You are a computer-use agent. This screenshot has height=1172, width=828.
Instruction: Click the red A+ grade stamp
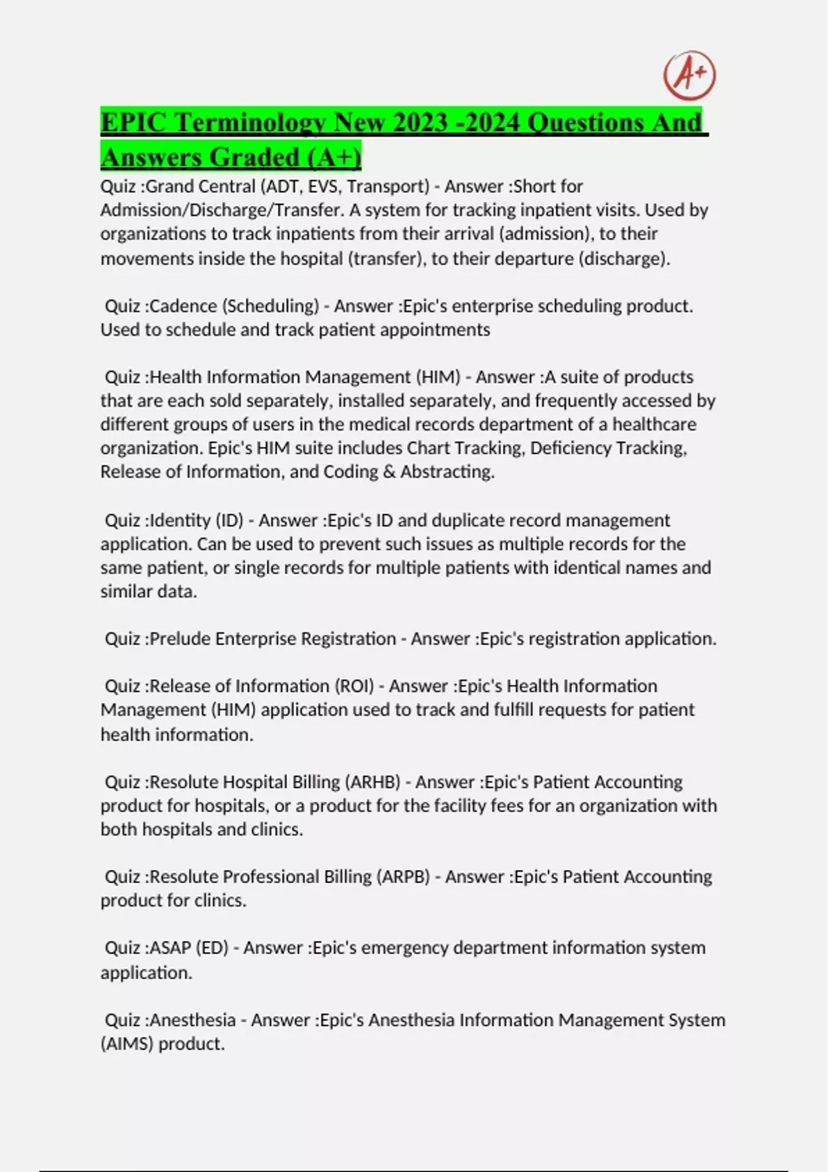(689, 75)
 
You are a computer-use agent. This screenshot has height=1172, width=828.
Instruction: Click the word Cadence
(184, 305)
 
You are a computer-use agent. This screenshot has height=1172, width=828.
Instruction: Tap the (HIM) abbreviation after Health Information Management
(438, 377)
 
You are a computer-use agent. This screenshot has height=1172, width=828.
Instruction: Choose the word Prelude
(180, 638)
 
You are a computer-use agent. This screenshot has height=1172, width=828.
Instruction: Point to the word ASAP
(170, 948)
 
